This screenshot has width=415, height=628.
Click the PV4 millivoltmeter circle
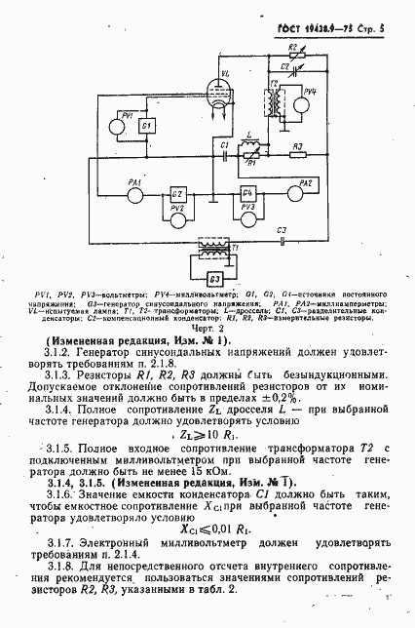click(309, 99)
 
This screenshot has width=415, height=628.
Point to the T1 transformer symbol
click(229, 251)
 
